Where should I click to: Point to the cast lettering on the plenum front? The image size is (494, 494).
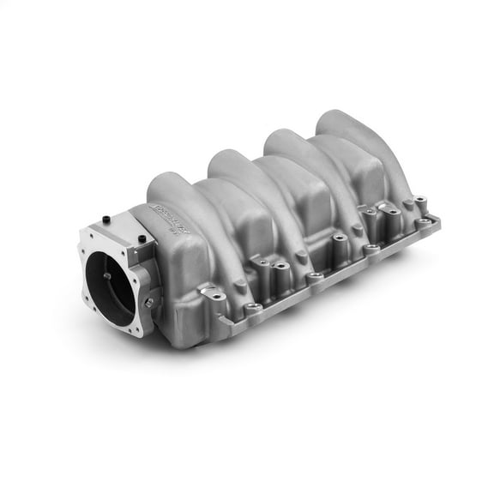[167, 211]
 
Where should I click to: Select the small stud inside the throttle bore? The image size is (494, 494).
[106, 276]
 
